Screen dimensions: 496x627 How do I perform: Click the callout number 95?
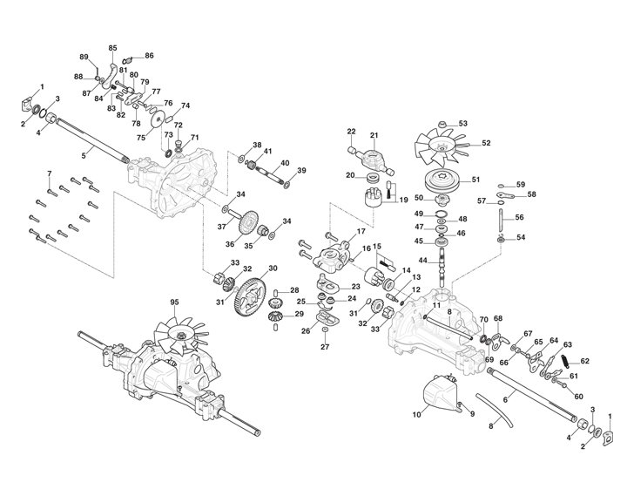[x=174, y=302]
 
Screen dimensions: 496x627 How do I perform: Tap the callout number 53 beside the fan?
[x=487, y=124]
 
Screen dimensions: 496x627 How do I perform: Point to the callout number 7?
[x=49, y=173]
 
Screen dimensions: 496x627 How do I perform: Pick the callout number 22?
[x=352, y=132]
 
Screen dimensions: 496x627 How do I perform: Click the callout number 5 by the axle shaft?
[x=84, y=154]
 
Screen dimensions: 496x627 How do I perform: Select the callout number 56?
[x=519, y=217]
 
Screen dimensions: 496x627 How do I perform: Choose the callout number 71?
[x=195, y=138]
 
